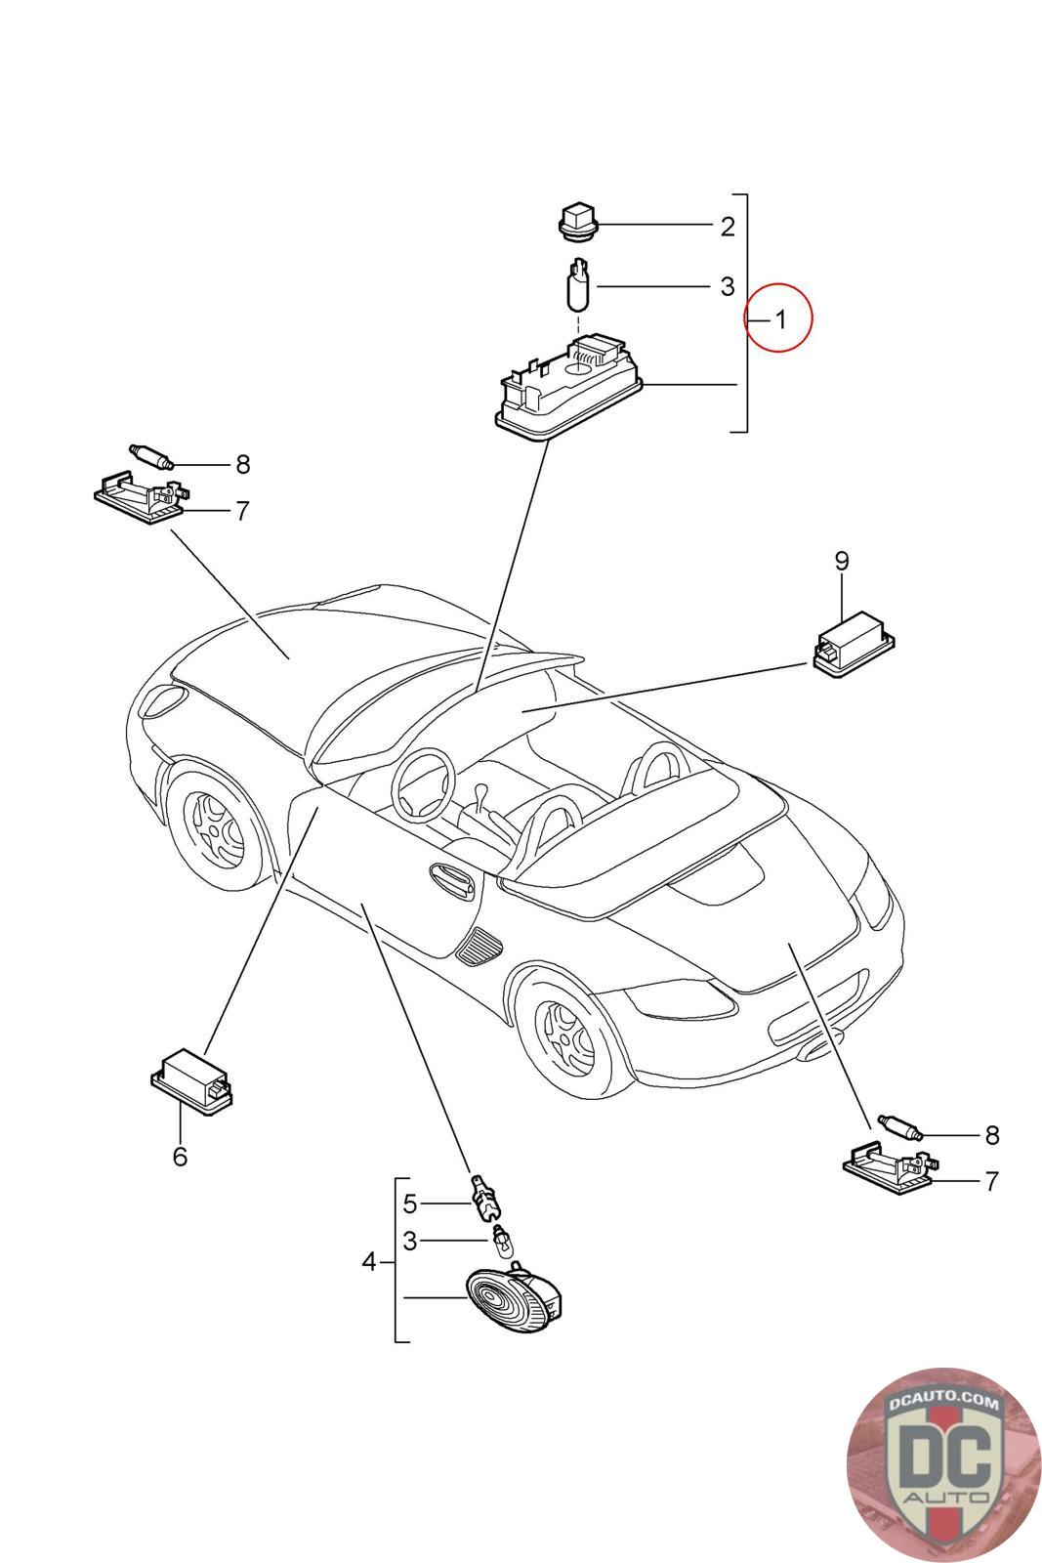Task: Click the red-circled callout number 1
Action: tap(778, 317)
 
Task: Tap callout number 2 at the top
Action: tap(728, 227)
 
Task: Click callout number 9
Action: tap(842, 561)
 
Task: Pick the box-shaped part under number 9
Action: tap(854, 643)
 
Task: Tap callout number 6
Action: tap(180, 1157)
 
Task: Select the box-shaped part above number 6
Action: tap(191, 1077)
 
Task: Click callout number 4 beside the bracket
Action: tap(368, 1262)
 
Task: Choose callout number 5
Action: tap(410, 1203)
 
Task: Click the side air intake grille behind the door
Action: tap(479, 945)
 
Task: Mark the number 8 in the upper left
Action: tap(242, 464)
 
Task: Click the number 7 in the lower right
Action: tap(992, 1181)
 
